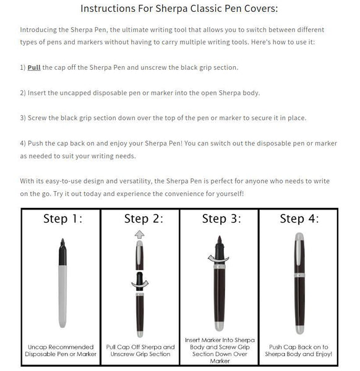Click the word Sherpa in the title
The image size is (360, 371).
pos(181,9)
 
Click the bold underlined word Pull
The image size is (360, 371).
pos(34,67)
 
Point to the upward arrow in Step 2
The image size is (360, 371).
pos(140,234)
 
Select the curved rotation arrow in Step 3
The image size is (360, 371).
pos(219,258)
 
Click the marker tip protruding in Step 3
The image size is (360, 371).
pos(219,243)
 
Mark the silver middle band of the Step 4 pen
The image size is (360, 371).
pos(299,275)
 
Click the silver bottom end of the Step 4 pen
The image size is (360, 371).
pos(299,328)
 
